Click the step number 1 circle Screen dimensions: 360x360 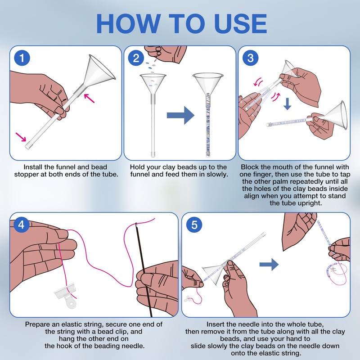22,58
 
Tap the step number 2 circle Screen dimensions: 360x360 136,58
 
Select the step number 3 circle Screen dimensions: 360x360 251,58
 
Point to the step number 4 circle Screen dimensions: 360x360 21,224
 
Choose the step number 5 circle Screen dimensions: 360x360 194,224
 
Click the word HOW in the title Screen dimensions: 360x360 128,24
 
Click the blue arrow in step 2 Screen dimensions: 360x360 180,115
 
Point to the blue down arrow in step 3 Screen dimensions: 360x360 287,104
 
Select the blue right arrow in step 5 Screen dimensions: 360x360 269,265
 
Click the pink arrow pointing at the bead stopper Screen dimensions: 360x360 21,137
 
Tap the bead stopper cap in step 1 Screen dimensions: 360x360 28,145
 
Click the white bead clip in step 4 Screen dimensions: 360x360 66,295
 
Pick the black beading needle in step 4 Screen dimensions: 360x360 144,270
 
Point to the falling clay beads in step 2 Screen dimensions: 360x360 151,65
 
